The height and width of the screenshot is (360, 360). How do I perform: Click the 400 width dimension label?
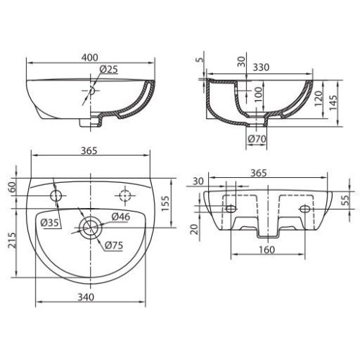(x=90, y=58)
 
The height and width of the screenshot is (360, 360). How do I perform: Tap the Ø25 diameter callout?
(x=109, y=69)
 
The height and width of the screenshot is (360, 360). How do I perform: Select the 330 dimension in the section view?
(x=261, y=68)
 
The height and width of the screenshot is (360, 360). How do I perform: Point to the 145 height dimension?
(x=333, y=103)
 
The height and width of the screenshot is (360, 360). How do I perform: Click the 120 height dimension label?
(x=318, y=99)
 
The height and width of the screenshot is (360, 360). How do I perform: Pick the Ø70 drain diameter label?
(x=257, y=139)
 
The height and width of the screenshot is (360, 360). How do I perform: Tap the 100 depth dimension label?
(x=258, y=94)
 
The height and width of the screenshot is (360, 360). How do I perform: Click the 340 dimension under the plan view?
(x=86, y=297)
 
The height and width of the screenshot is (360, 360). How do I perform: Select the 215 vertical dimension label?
(x=12, y=240)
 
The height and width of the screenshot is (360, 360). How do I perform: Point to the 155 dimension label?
(x=166, y=204)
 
